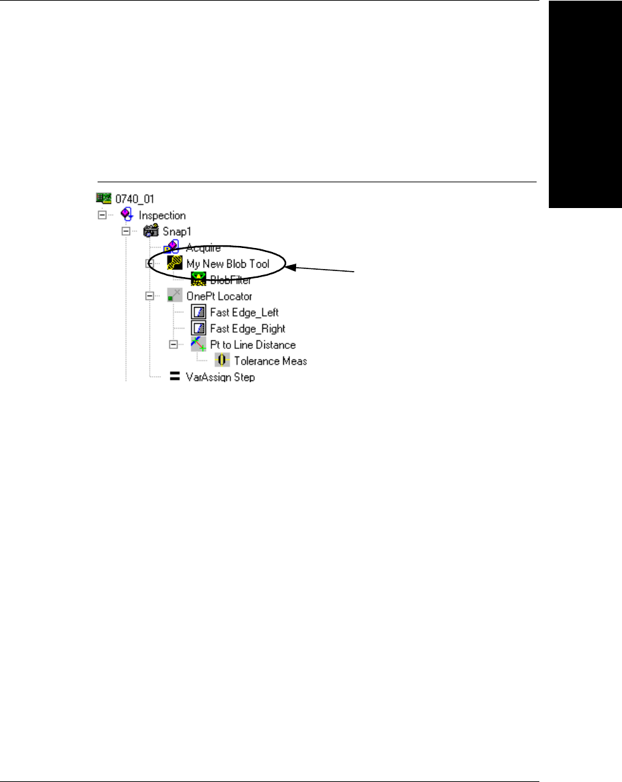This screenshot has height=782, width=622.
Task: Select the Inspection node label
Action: pos(162,215)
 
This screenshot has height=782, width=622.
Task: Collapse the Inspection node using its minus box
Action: pos(102,215)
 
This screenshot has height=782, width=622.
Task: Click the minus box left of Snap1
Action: pos(125,232)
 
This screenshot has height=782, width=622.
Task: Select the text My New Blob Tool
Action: pos(228,264)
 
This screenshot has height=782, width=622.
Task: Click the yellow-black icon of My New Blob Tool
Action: pos(174,264)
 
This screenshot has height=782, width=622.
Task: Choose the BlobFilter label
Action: pos(231,280)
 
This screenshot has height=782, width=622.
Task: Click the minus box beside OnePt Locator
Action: pos(150,296)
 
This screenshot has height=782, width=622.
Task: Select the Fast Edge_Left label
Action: pos(244,312)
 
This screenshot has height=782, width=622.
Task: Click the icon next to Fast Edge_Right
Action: pos(199,329)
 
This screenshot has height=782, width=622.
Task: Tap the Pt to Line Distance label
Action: pos(253,345)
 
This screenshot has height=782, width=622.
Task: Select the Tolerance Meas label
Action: pos(270,361)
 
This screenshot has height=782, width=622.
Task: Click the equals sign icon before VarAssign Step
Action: pos(174,377)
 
